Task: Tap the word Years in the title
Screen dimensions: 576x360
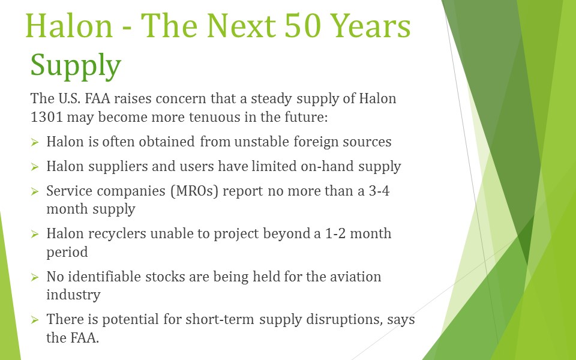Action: click(x=371, y=26)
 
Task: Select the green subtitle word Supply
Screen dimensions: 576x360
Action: click(x=76, y=66)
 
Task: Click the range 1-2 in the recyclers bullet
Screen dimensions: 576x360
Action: click(x=335, y=233)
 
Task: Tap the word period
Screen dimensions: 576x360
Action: click(x=67, y=253)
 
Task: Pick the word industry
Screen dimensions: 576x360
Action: click(x=73, y=295)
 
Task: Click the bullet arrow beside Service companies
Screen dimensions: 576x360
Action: click(x=35, y=191)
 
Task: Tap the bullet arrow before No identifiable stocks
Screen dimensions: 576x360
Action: click(x=35, y=277)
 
